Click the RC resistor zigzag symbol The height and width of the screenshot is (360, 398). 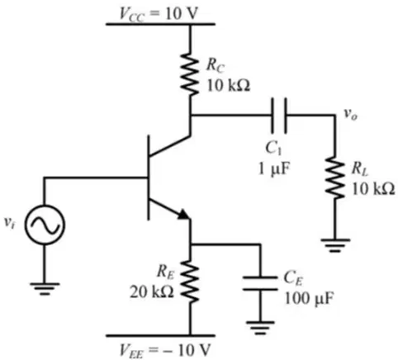[190, 74]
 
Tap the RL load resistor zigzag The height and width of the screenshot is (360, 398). [334, 177]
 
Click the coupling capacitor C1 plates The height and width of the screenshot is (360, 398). [279, 115]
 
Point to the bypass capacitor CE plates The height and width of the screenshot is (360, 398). [260, 283]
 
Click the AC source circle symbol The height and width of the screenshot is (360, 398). [45, 225]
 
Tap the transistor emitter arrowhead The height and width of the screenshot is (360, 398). [184, 214]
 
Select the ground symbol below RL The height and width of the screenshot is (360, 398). [335, 245]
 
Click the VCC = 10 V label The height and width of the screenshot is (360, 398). [159, 13]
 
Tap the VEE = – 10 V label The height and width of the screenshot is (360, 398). [164, 350]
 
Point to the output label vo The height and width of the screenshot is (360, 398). [350, 114]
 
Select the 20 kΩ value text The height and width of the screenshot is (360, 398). [152, 292]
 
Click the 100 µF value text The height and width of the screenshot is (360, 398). [309, 298]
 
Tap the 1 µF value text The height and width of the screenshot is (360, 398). [274, 168]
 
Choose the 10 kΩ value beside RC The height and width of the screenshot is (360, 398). [229, 86]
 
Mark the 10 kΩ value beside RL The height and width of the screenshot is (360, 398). [373, 189]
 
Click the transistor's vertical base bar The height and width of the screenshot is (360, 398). [149, 178]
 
